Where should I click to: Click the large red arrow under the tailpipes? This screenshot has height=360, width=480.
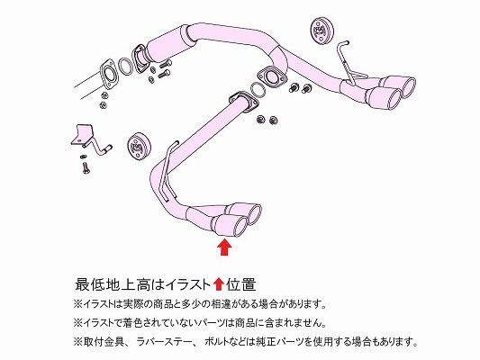224,247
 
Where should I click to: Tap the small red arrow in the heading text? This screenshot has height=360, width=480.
218,284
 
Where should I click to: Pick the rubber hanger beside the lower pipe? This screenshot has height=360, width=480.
139,147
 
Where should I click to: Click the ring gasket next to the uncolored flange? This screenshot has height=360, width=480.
125,67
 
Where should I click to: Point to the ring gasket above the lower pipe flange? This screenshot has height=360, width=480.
258,89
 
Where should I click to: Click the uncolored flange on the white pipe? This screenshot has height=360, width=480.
107,76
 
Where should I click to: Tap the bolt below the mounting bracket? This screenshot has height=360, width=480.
86,167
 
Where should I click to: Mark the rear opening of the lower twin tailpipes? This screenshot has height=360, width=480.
255,215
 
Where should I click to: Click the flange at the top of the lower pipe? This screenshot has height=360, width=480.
243,101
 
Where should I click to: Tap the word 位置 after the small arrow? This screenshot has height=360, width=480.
240,284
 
